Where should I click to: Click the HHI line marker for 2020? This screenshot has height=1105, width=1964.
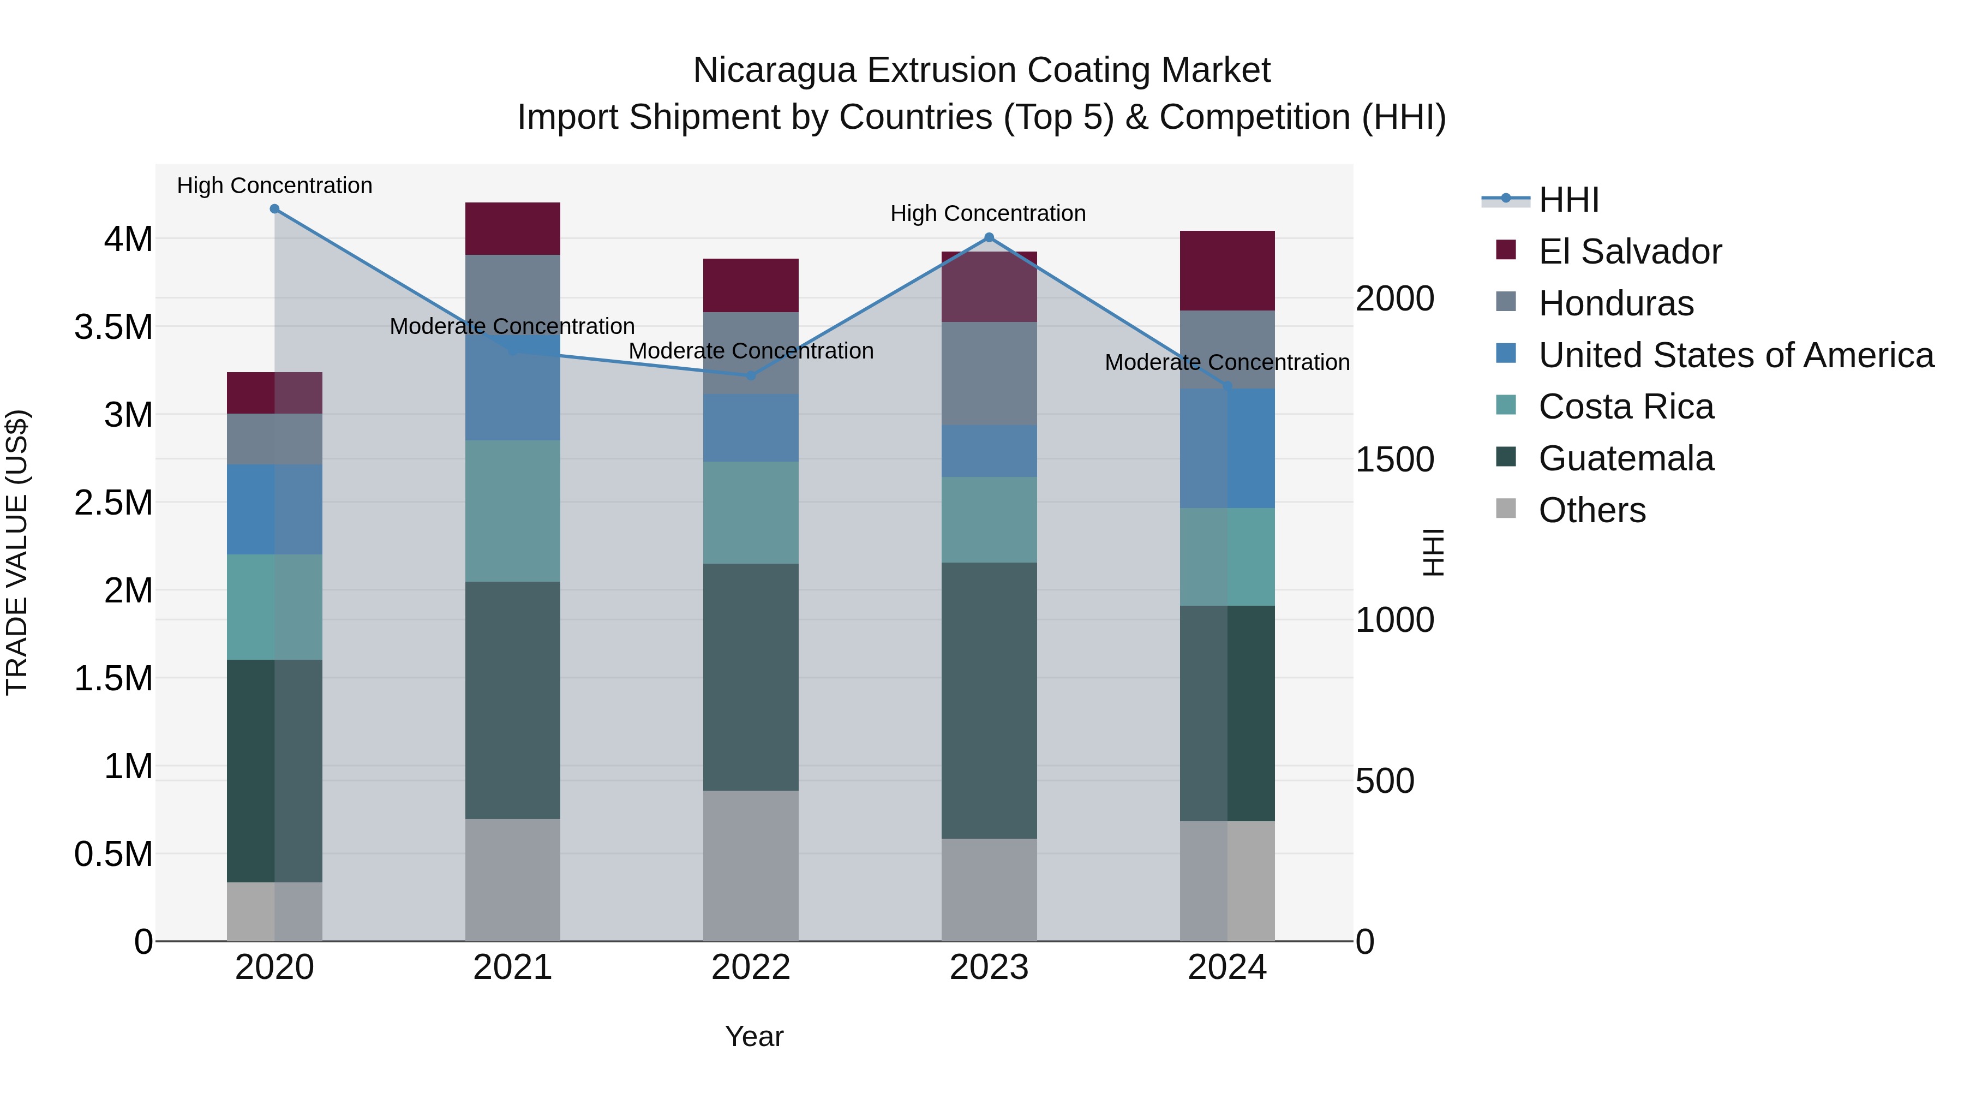pos(274,209)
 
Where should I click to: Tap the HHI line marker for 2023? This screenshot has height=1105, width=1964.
pos(989,237)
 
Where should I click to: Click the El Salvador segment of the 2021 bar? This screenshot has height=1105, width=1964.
pos(512,228)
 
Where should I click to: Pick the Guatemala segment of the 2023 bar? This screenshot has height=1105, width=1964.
pos(989,700)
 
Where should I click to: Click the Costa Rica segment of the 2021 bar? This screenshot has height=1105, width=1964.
pos(512,510)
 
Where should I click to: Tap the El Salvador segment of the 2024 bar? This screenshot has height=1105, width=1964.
pos(1227,270)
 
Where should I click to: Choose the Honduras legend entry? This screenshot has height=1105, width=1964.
pos(1615,303)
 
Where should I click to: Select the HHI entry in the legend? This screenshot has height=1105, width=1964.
pos(1567,200)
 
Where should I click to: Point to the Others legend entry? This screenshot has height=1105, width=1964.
pos(1591,510)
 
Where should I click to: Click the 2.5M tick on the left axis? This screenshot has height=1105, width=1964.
pos(113,503)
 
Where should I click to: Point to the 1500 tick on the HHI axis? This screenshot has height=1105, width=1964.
pos(1394,460)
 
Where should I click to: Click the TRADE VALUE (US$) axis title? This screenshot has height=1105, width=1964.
pos(17,552)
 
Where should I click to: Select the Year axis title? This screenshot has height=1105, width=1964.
pos(754,1036)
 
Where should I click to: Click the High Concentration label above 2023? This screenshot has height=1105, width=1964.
pos(987,213)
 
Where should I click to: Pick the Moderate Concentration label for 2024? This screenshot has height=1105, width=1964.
pos(1227,362)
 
